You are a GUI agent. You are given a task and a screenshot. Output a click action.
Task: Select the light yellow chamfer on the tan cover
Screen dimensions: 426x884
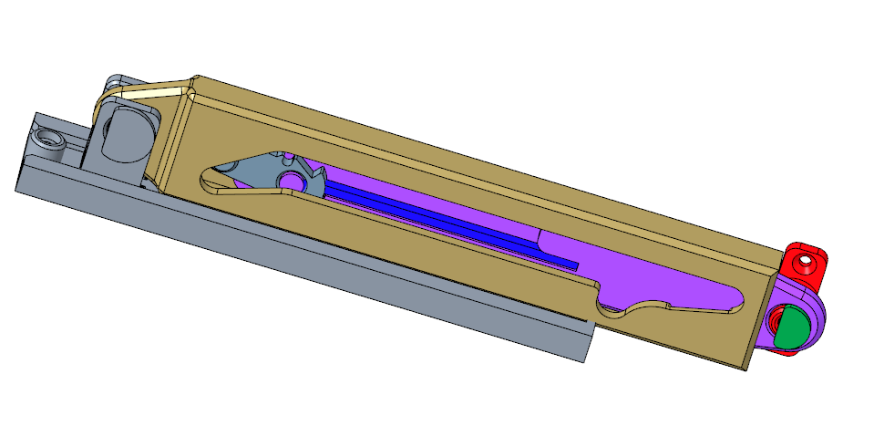click(x=146, y=91)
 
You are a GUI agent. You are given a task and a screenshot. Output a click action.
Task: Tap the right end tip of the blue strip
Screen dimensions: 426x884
click(x=574, y=265)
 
